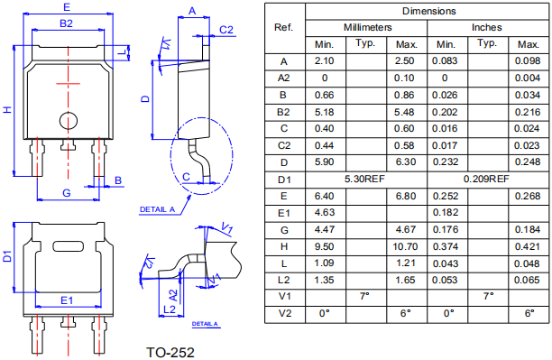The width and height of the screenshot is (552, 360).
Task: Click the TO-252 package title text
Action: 170,352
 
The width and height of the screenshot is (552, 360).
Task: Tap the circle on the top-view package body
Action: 69,121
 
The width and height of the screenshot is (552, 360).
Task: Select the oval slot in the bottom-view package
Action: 69,246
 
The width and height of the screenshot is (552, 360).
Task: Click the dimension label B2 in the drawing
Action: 66,23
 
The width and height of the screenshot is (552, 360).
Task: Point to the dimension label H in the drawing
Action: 7,109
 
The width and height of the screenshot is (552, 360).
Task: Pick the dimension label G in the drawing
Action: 67,193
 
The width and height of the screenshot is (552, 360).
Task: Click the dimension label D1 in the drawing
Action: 7,256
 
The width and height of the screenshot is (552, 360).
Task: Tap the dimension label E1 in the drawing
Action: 67,300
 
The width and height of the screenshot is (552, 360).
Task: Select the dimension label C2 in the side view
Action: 226,30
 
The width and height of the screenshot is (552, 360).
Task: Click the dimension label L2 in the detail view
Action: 170,309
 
